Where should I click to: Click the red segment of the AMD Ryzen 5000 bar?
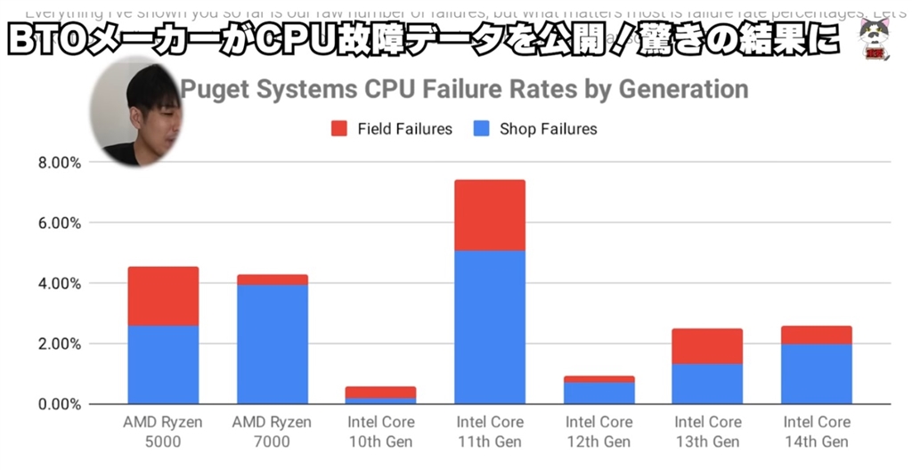163,296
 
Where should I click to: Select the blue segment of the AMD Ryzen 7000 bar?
272,344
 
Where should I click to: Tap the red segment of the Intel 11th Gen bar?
490,215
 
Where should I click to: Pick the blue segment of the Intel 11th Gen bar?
490,327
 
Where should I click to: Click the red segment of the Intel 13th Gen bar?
707,345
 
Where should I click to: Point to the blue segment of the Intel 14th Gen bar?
817,374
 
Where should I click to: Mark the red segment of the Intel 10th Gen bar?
381,392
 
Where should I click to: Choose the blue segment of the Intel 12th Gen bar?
598,393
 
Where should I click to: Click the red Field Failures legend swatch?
339,129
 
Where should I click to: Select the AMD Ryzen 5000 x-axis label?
163,431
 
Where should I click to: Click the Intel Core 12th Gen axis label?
598,431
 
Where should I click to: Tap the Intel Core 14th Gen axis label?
817,431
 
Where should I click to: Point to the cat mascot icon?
879,40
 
